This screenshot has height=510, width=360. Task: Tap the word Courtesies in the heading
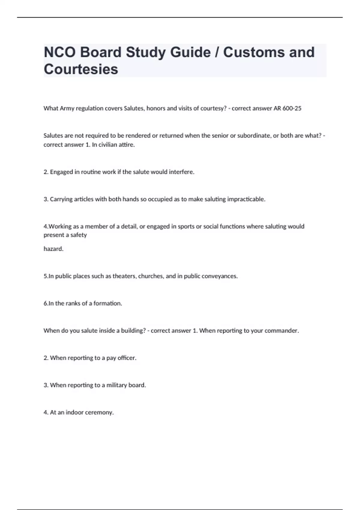point(81,69)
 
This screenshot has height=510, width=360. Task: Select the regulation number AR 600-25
point(287,108)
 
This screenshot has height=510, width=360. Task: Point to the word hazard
point(53,249)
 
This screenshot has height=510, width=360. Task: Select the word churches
point(151,276)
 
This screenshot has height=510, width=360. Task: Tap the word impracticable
point(246,199)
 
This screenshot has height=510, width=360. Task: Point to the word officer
point(127,358)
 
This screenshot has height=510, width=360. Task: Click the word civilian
point(109,145)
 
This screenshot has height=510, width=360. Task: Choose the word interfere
point(181,172)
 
